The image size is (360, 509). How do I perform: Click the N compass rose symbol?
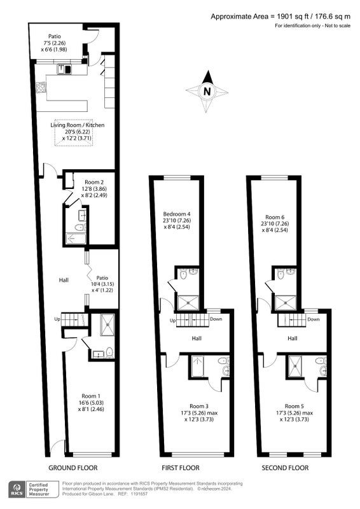pyautogui.click(x=207, y=92)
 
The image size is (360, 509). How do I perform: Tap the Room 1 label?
pyautogui.click(x=91, y=396)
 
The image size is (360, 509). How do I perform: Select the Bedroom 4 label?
pyautogui.click(x=177, y=214)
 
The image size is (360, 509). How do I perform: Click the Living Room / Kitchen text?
pyautogui.click(x=77, y=125)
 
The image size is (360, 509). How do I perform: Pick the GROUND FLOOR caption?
pyautogui.click(x=73, y=468)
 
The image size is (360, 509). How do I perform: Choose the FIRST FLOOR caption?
pyautogui.click(x=181, y=468)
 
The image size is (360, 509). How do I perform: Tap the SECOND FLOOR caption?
pyautogui.click(x=285, y=468)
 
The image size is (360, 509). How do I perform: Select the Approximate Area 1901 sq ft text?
pyautogui.click(x=256, y=17)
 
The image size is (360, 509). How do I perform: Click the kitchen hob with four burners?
pyautogui.click(x=41, y=87)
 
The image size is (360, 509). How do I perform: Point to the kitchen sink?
pyautogui.click(x=64, y=69)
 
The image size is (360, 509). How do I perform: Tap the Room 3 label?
pyautogui.click(x=199, y=406)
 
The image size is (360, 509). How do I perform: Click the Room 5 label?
pyautogui.click(x=294, y=406)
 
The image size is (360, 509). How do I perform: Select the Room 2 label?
pyautogui.click(x=94, y=182)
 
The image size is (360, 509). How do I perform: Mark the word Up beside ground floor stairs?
pyautogui.click(x=57, y=319)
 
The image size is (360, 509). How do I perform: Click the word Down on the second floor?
pyautogui.click(x=314, y=319)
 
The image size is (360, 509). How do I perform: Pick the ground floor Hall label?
pyautogui.click(x=64, y=280)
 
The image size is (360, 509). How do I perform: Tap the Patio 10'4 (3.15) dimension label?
pyautogui.click(x=102, y=284)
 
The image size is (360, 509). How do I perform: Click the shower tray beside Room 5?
pyautogui.click(x=295, y=366)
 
